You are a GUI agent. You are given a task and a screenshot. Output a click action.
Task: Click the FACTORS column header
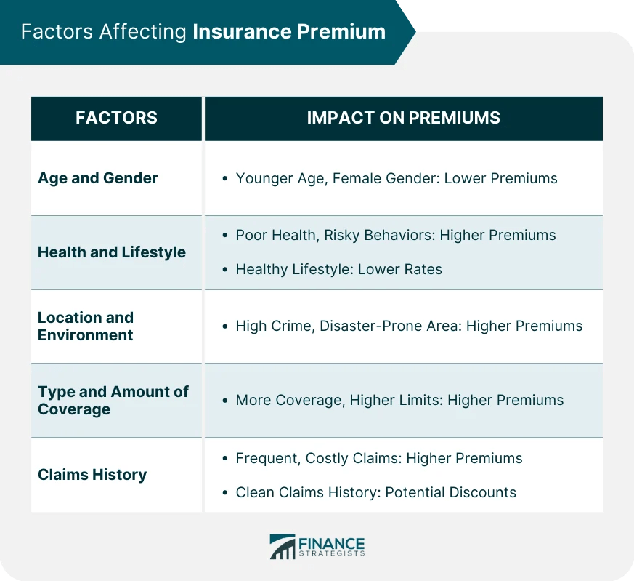coord(116,118)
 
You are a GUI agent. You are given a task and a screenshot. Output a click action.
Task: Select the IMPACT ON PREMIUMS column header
coord(403,118)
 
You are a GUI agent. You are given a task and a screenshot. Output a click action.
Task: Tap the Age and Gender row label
coord(98,178)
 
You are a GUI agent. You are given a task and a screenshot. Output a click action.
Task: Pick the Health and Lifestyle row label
coord(112,252)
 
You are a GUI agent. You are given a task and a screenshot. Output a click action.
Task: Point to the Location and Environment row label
coord(86,326)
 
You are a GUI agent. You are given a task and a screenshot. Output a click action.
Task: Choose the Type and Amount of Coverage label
coord(113,401)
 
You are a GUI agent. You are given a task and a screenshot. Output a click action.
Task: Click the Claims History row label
coord(92,475)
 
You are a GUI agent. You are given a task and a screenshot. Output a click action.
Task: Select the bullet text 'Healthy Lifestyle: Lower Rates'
coord(338,269)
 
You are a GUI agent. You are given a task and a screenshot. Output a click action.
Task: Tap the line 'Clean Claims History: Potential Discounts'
coord(375,492)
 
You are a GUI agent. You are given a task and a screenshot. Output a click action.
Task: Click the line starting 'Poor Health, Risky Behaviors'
coord(395,235)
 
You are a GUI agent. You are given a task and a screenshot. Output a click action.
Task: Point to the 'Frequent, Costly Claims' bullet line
coord(378,458)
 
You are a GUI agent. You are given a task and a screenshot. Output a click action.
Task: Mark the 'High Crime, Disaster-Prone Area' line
coord(409,326)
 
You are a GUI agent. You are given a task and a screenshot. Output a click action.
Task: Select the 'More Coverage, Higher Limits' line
coord(399,400)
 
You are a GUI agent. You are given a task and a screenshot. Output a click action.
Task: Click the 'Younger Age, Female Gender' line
coord(397,178)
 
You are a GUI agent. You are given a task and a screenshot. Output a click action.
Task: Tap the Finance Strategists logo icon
coord(283,547)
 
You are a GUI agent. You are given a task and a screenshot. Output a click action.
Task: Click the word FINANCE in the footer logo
coord(331,542)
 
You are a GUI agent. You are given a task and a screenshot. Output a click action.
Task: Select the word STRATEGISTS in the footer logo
coord(331,554)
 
